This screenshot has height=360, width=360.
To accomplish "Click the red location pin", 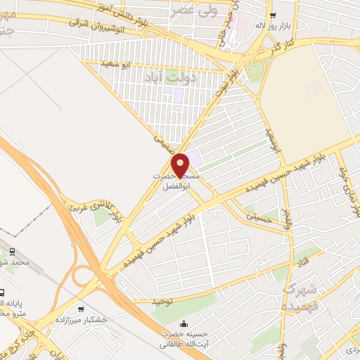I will coord(181,165).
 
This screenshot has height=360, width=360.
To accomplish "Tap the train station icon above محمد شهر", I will coord(12,251).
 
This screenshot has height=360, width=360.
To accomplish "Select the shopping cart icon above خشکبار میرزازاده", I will coord(82,309).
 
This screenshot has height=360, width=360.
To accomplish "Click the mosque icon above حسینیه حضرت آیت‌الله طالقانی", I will coord(184,324).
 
